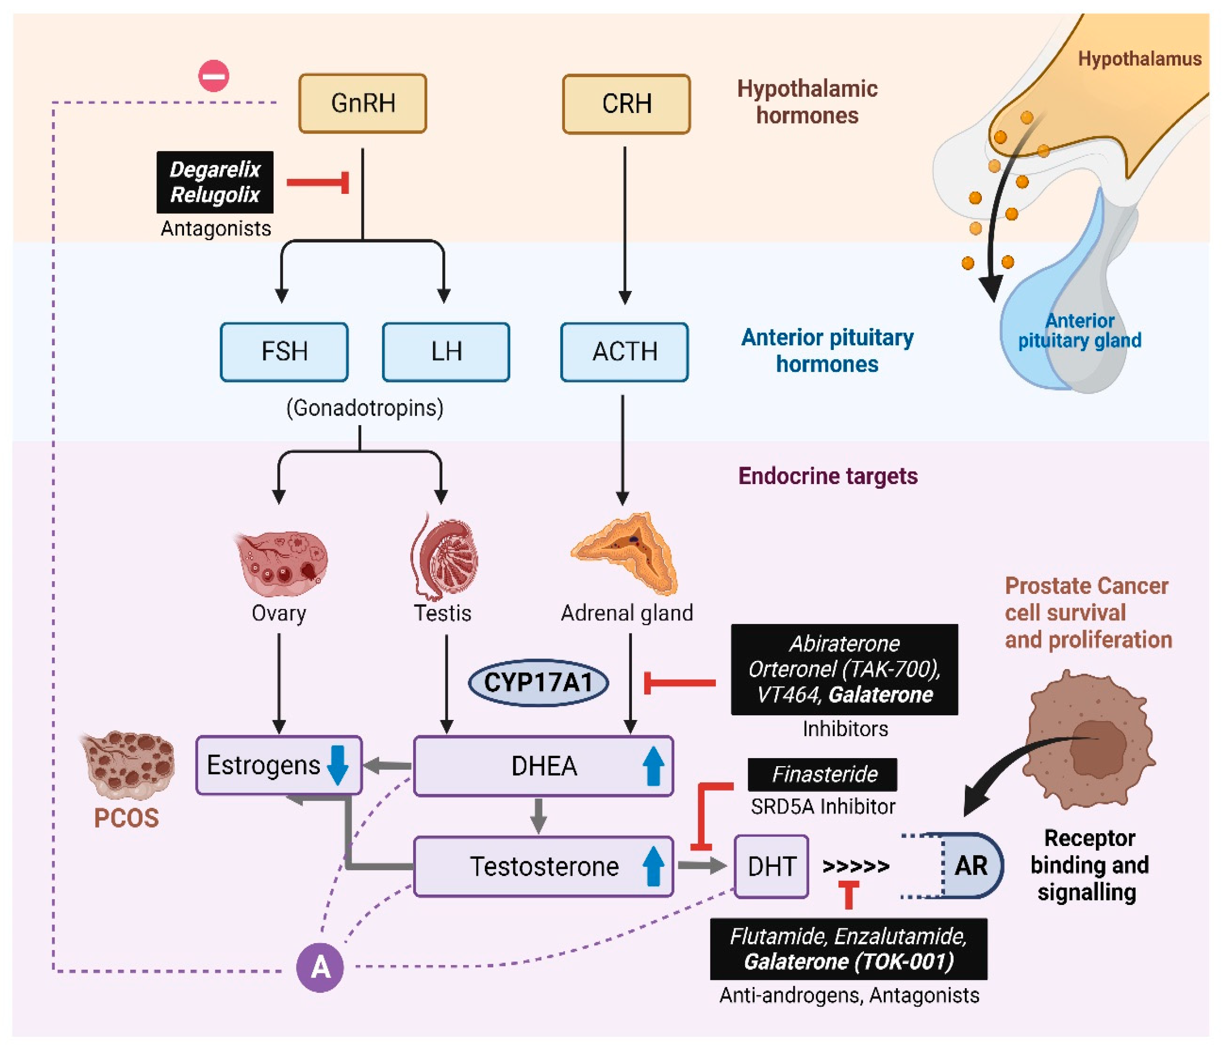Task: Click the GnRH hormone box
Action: pos(362,104)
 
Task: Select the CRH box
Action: pos(626,104)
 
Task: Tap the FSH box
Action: pos(284,352)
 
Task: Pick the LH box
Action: pos(446,352)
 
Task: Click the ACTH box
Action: pos(624,352)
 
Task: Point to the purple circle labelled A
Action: pos(320,967)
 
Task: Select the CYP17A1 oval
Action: pos(538,683)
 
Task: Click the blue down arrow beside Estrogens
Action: pos(338,765)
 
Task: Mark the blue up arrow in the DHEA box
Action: pos(653,766)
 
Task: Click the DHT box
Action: pos(771,866)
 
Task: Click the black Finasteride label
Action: pos(822,774)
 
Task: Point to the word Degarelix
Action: pos(215,170)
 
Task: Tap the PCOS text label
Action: pos(126,818)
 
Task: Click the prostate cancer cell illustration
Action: pos(1090,739)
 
